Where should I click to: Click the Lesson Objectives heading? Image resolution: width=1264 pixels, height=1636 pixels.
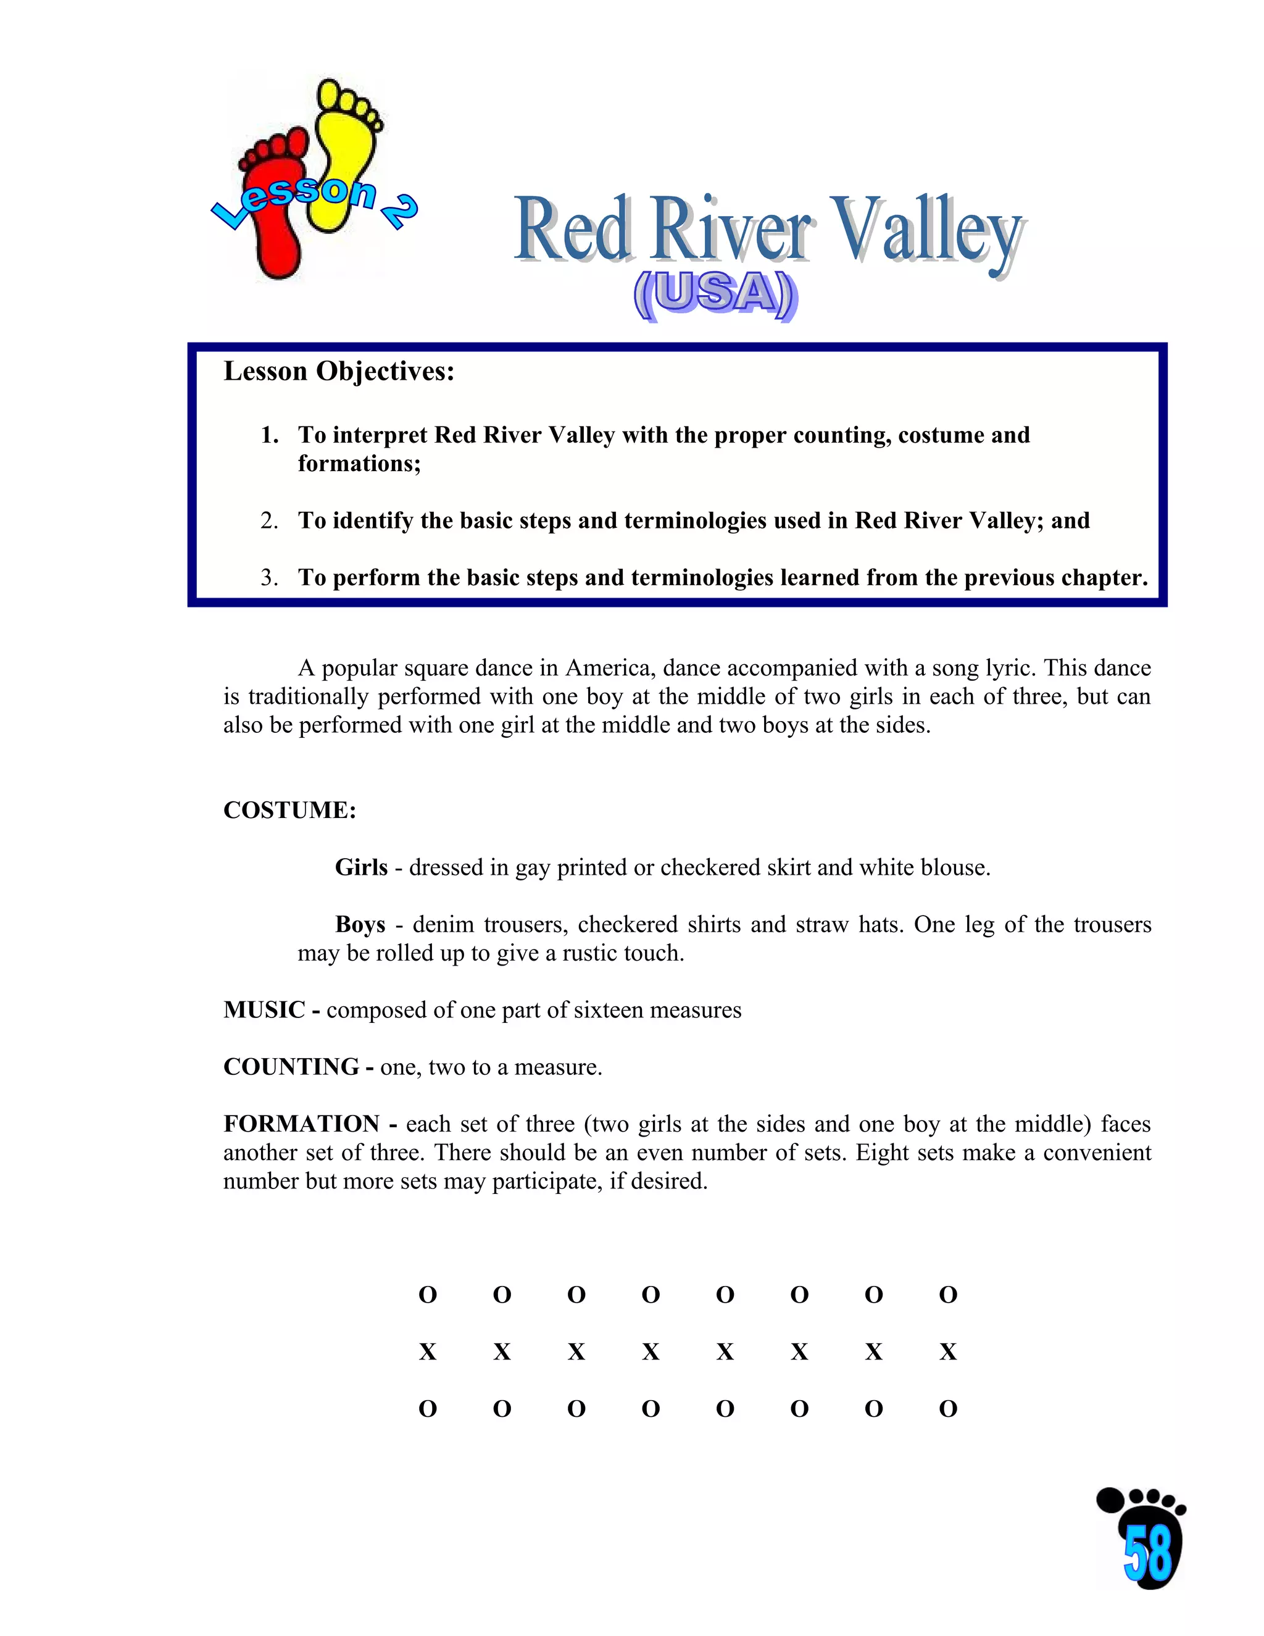pos(338,372)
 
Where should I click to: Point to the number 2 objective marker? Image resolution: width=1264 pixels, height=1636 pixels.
pos(270,520)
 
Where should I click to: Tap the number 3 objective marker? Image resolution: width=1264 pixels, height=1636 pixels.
pos(270,578)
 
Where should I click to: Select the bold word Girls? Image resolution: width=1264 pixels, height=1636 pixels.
pos(361,867)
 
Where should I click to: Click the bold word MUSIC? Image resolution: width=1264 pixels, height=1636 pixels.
pos(264,1010)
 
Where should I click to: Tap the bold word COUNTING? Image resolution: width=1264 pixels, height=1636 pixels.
pos(291,1067)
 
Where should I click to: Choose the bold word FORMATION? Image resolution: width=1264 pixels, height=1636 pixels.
pos(302,1124)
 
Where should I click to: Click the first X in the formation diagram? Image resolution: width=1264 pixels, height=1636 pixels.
pos(428,1352)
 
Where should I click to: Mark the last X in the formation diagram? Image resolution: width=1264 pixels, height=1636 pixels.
pos(948,1352)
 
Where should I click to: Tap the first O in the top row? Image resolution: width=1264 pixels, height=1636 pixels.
pos(428,1295)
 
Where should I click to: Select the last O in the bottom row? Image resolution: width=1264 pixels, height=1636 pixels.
pos(948,1409)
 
